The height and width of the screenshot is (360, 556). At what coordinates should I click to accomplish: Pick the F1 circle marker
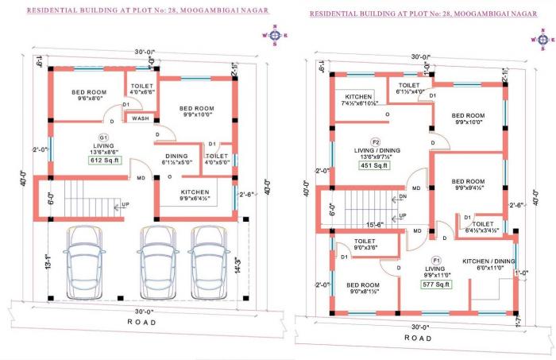[436, 261]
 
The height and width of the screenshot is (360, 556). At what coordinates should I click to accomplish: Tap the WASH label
[140, 118]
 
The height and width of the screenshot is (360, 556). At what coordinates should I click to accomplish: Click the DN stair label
[402, 197]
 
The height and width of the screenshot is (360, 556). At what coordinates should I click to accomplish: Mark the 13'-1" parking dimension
[48, 261]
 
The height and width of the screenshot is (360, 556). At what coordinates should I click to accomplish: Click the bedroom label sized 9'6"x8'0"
[90, 95]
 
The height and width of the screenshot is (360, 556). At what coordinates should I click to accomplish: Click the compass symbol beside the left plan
[275, 34]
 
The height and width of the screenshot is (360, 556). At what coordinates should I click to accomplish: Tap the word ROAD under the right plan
[418, 338]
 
